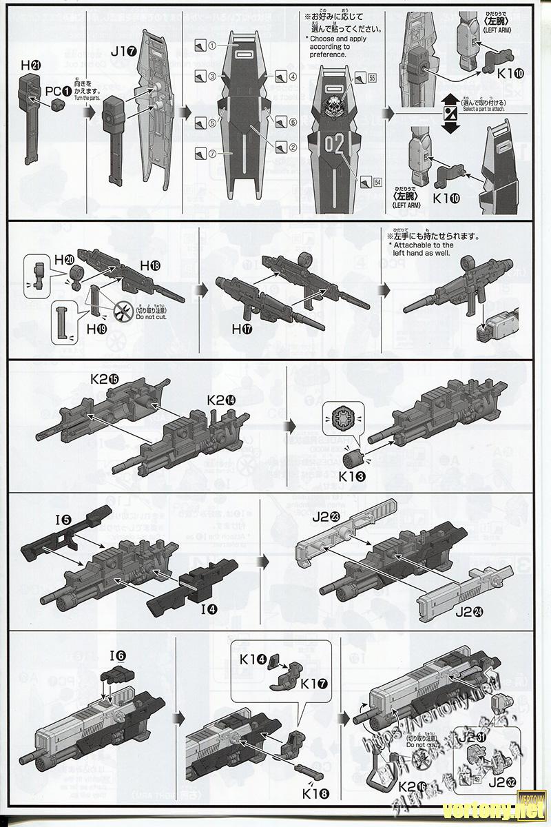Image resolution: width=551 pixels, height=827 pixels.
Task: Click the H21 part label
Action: point(30,65)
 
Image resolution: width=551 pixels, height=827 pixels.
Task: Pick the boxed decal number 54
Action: point(377,182)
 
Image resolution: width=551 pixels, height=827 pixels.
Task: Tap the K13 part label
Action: point(352,475)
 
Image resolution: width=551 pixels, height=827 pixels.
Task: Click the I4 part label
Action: point(209,609)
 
